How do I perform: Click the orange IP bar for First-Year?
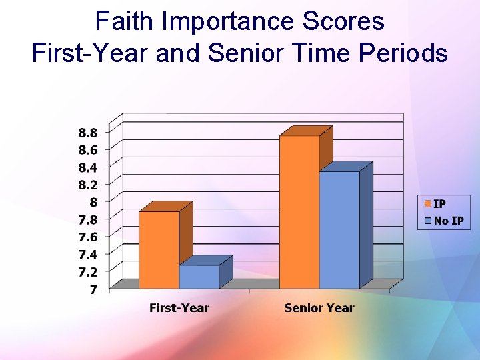pyautogui.click(x=159, y=250)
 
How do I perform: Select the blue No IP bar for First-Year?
pyautogui.click(x=199, y=277)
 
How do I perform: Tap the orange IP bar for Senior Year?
pyautogui.click(x=299, y=212)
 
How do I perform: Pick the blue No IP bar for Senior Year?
pyautogui.click(x=339, y=230)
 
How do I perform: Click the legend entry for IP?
pyautogui.click(x=439, y=204)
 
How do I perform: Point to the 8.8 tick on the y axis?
pyautogui.click(x=88, y=132)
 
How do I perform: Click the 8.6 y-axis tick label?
pyautogui.click(x=88, y=149)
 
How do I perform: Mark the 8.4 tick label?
pyautogui.click(x=88, y=167)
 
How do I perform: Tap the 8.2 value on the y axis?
pyautogui.click(x=88, y=184)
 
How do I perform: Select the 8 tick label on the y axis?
pyautogui.click(x=93, y=202)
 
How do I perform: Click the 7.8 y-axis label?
pyautogui.click(x=88, y=219)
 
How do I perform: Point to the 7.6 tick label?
pyautogui.click(x=88, y=237)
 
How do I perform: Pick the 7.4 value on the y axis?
pyautogui.click(x=88, y=254)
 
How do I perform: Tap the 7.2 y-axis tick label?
pyautogui.click(x=88, y=271)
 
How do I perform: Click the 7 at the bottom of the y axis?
pyautogui.click(x=93, y=289)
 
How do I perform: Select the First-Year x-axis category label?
pyautogui.click(x=179, y=308)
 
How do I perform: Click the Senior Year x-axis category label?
pyautogui.click(x=319, y=308)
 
